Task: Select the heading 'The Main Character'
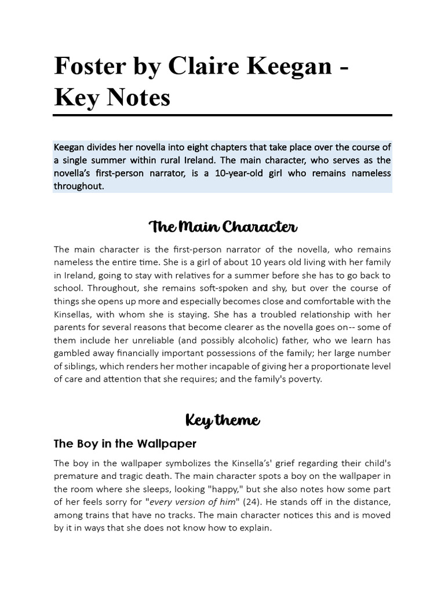222,226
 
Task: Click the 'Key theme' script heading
222,420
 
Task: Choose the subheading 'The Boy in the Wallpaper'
125,444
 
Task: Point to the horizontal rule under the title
222,115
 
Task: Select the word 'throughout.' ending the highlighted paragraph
79,186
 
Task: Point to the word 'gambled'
73,353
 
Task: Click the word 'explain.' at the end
253,528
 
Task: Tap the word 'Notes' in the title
136,97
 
